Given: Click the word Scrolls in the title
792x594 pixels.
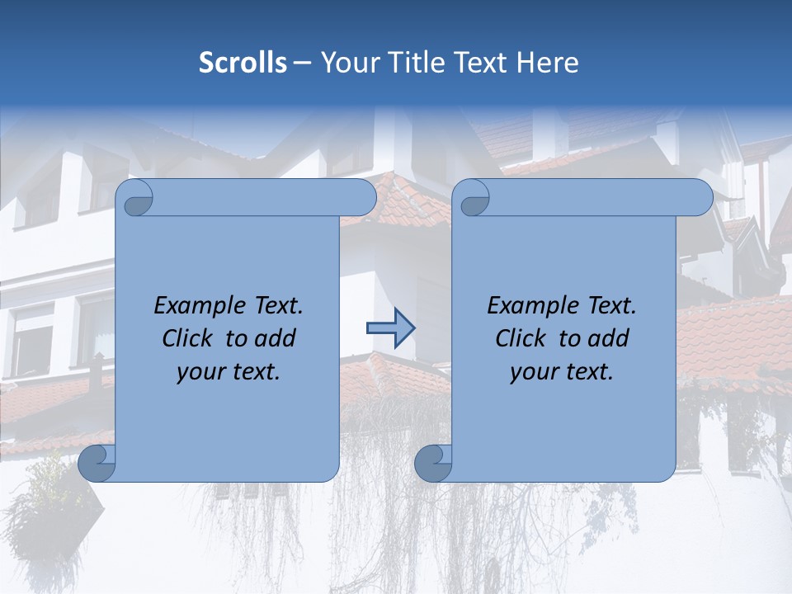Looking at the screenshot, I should pos(243,63).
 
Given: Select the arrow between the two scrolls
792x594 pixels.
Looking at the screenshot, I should pos(390,328).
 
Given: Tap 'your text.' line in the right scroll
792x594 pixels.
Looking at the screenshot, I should pos(562,372).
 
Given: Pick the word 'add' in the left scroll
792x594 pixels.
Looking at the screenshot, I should pos(276,338).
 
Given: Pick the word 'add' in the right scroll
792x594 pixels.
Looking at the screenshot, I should pos(609,338).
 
